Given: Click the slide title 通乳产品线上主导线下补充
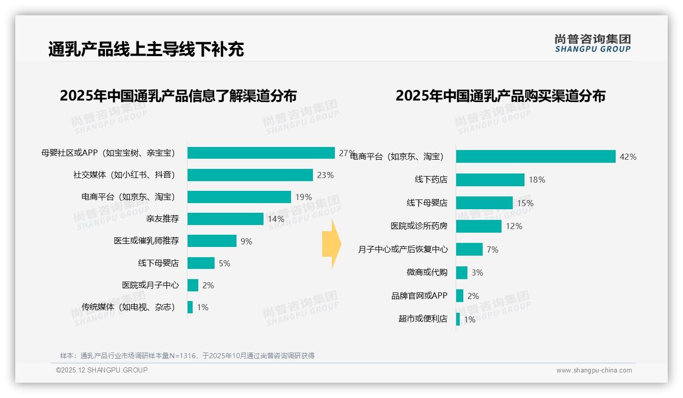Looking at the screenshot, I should (x=146, y=49).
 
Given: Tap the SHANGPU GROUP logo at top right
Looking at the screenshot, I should (x=592, y=43).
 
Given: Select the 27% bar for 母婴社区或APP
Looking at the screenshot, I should (x=260, y=153).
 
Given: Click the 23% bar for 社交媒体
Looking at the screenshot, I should (x=250, y=175).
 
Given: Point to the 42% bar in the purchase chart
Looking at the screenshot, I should (x=535, y=157).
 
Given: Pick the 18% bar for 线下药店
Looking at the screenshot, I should (x=490, y=180).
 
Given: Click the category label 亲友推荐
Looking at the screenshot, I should (x=162, y=219).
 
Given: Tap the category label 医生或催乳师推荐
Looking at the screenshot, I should (x=146, y=241).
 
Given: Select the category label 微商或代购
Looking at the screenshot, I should (x=427, y=272).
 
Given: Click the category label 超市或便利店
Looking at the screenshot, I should (x=423, y=319).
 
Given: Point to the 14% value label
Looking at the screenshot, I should (x=276, y=219).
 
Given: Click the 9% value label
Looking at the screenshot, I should (x=246, y=241).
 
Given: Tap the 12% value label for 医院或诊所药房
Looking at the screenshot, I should (x=514, y=226).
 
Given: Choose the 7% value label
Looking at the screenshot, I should (x=492, y=250).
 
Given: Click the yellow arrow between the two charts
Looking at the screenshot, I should (x=331, y=244).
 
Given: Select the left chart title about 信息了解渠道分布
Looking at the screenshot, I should (x=178, y=96).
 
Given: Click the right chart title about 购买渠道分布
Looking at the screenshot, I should (x=500, y=96).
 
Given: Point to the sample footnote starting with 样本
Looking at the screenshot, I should (x=187, y=356).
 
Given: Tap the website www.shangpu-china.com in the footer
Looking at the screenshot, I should (x=594, y=370).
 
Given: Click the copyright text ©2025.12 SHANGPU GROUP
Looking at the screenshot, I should (x=102, y=370).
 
